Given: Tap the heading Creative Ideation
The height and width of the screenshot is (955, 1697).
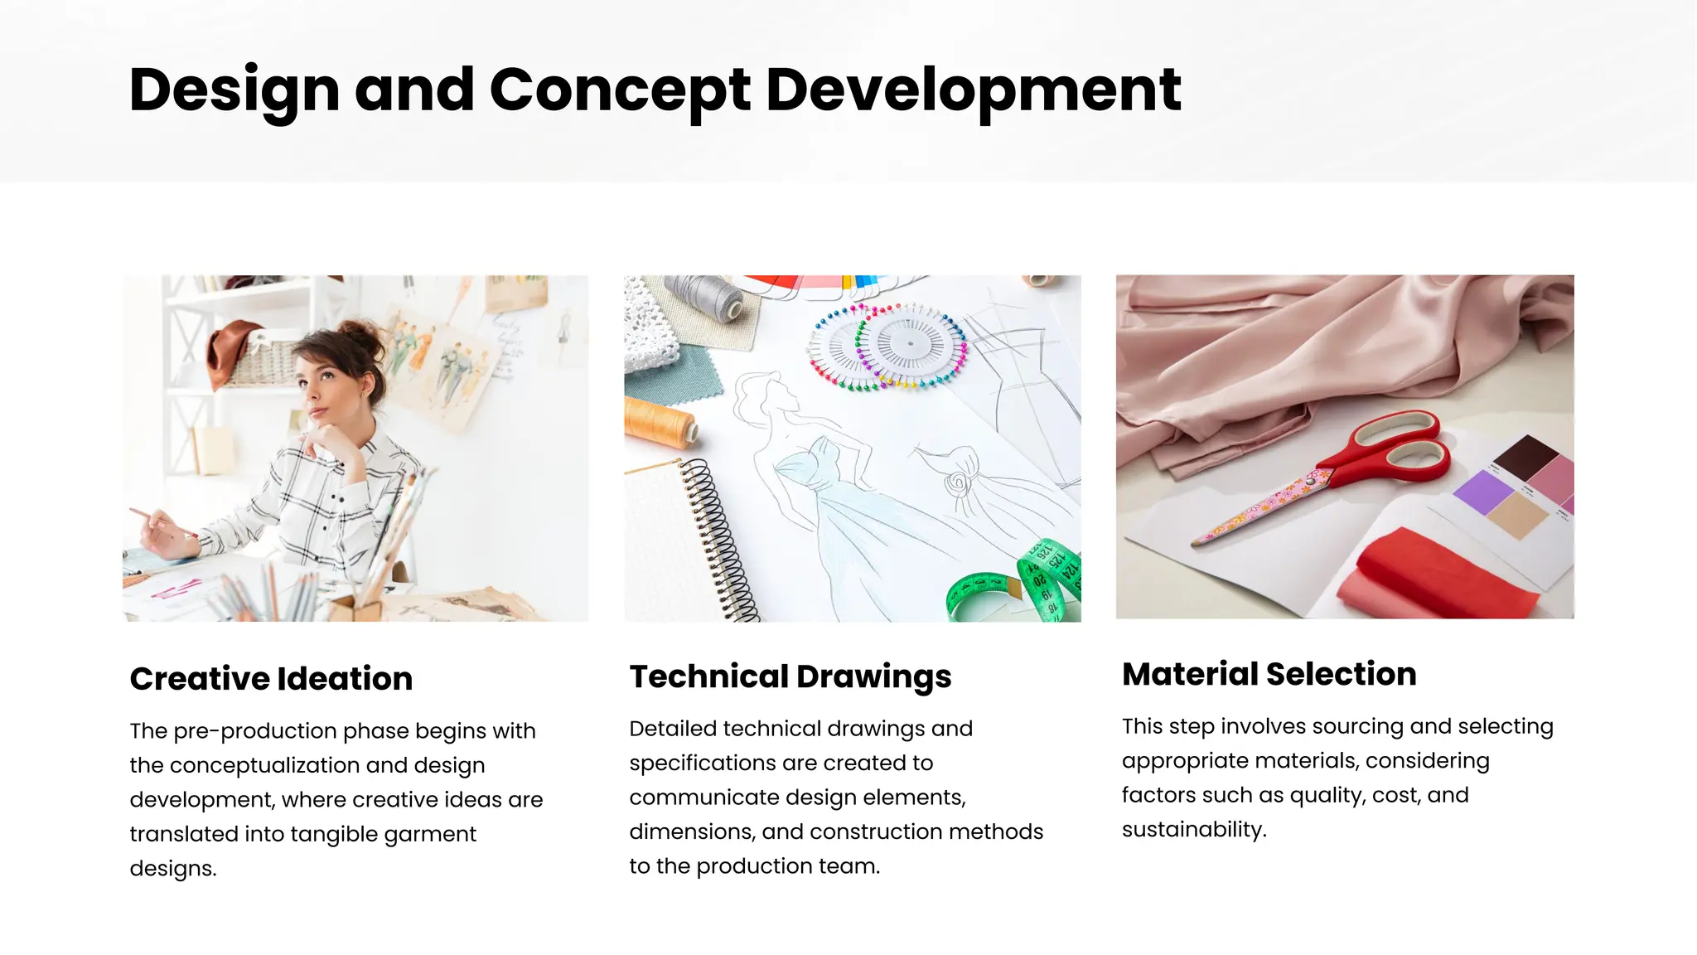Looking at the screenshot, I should (x=271, y=679).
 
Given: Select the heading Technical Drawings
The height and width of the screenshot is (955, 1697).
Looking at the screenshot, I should (x=790, y=676).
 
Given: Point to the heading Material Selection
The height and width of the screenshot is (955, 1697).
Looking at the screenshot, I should (x=1269, y=674).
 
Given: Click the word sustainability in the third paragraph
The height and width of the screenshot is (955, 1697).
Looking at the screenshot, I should (x=1193, y=830).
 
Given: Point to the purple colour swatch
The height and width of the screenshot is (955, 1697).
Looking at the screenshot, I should (x=1483, y=491).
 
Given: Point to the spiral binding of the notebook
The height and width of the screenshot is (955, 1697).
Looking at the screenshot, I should (x=718, y=539).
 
